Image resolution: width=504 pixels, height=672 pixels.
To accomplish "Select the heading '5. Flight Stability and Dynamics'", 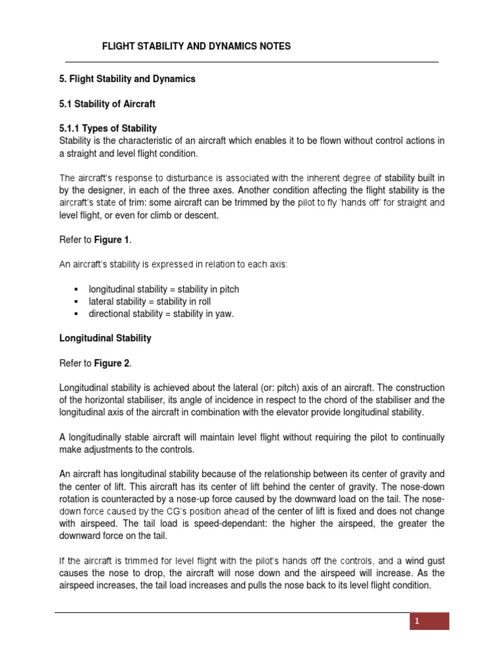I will click(x=127, y=79).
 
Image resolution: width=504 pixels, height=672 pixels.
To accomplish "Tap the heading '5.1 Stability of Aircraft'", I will click(x=108, y=104).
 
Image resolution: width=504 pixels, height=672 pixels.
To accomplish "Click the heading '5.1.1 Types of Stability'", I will click(x=108, y=128).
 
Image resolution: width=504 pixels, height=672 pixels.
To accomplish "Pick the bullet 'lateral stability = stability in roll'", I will click(x=146, y=301).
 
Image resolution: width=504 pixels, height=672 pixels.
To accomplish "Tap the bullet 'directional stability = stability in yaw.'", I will click(x=161, y=314).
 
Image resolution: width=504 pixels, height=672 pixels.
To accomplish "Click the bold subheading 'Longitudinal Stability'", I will click(x=105, y=338).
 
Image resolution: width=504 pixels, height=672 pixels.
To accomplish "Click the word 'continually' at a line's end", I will click(x=421, y=436).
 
